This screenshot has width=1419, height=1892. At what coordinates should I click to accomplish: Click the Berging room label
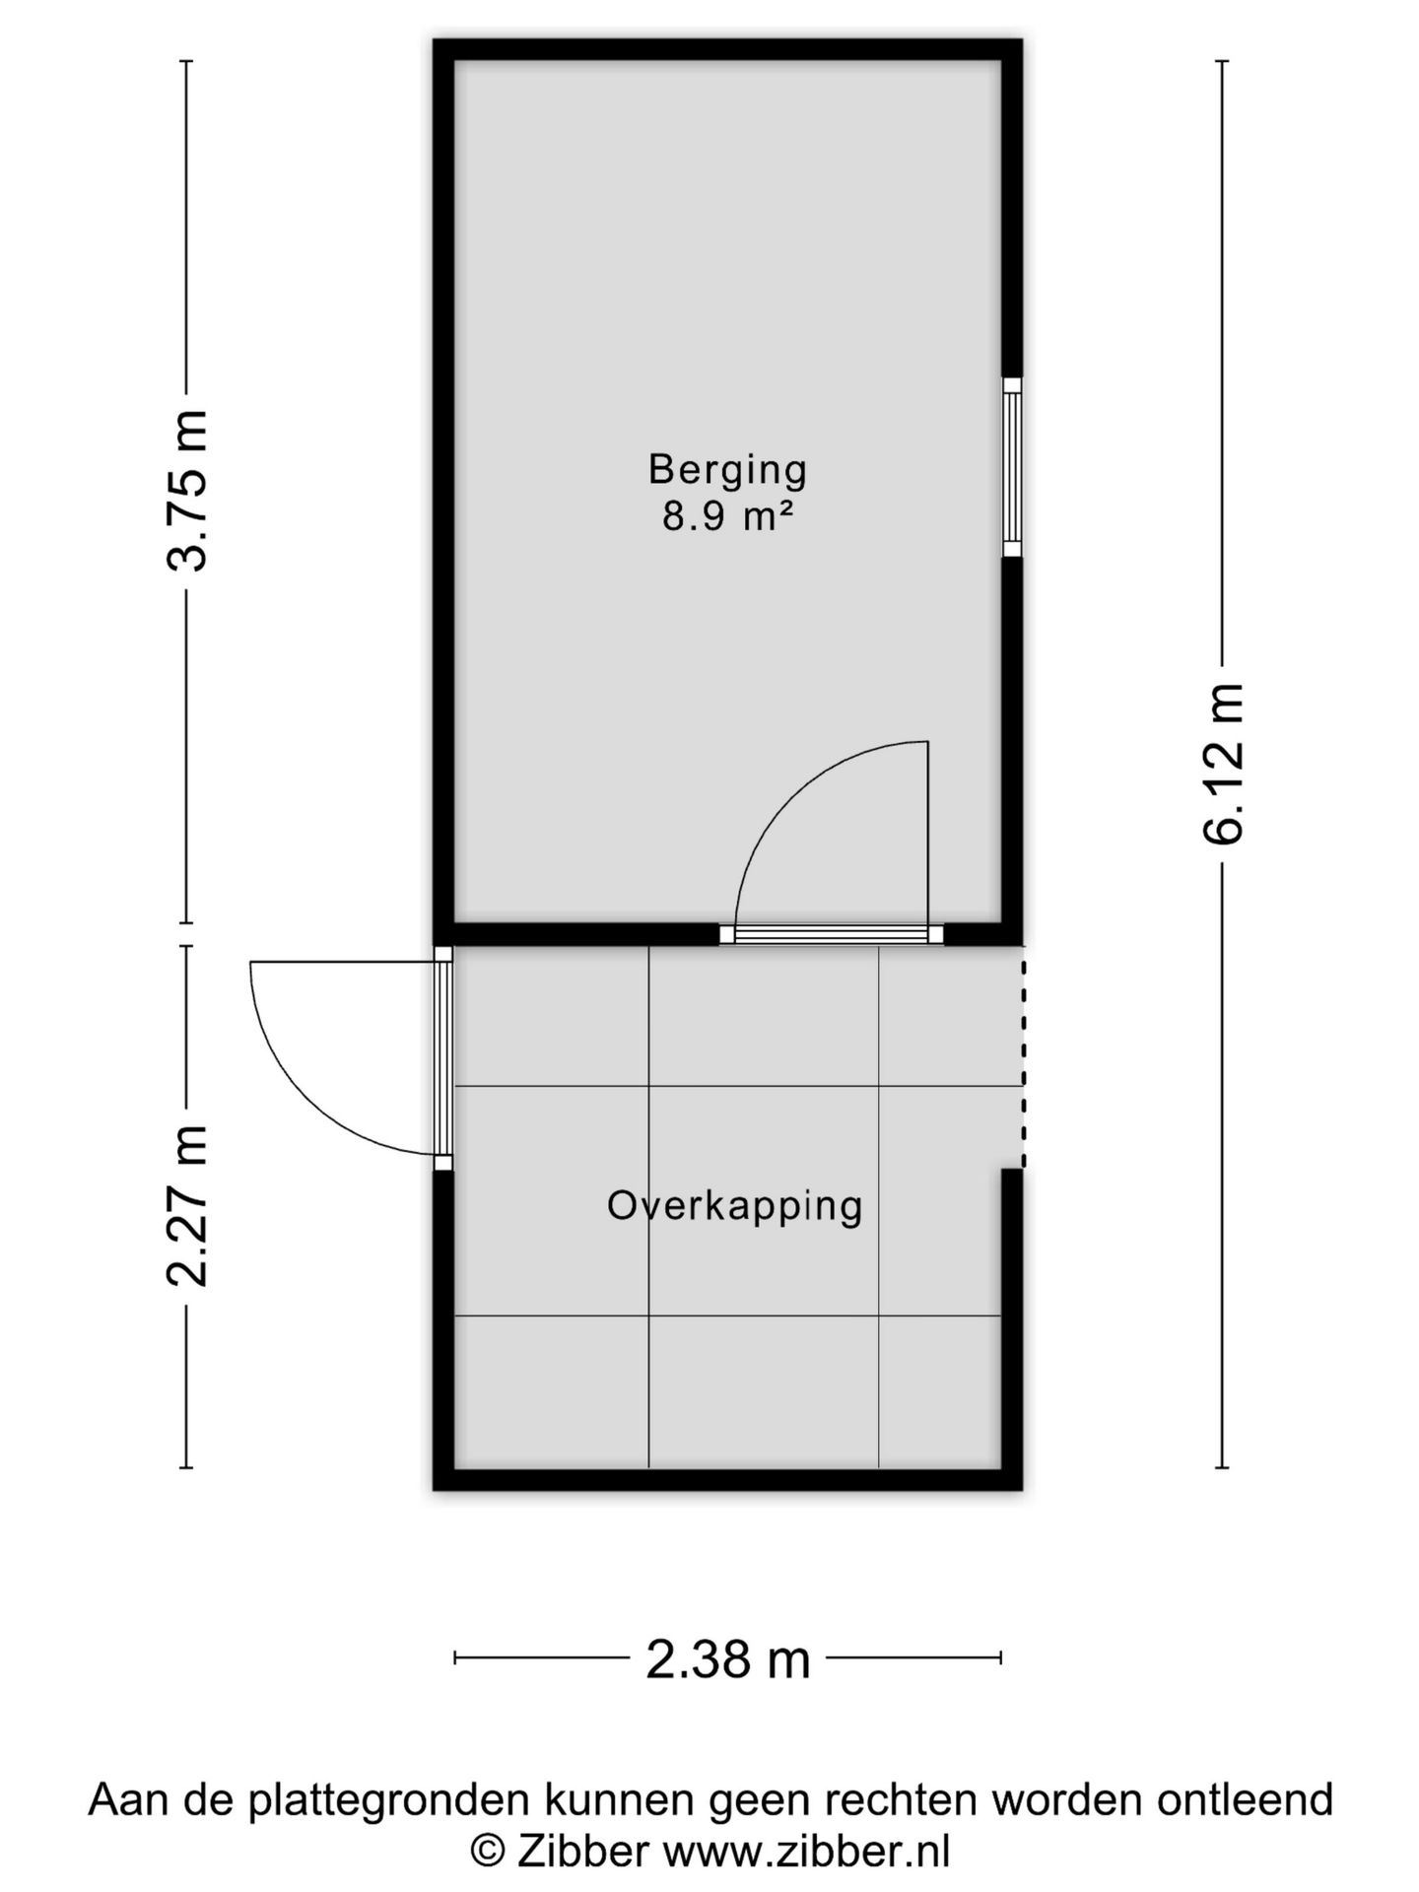[727, 469]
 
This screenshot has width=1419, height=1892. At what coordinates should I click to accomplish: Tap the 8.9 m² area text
[727, 516]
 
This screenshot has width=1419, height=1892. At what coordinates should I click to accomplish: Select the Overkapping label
[734, 1205]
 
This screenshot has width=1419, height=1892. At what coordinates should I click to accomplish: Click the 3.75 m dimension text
[187, 491]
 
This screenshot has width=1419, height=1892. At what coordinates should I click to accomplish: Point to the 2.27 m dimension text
[187, 1204]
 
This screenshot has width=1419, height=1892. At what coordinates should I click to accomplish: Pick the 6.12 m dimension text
[1223, 764]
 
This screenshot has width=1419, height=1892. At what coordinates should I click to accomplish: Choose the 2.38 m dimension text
[727, 1659]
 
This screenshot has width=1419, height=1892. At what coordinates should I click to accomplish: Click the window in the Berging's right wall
[1012, 467]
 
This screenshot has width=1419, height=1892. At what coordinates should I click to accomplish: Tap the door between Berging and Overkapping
[831, 934]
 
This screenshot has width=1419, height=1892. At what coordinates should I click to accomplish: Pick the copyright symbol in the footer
[487, 1851]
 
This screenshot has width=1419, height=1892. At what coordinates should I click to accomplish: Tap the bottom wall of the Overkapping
[727, 1478]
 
